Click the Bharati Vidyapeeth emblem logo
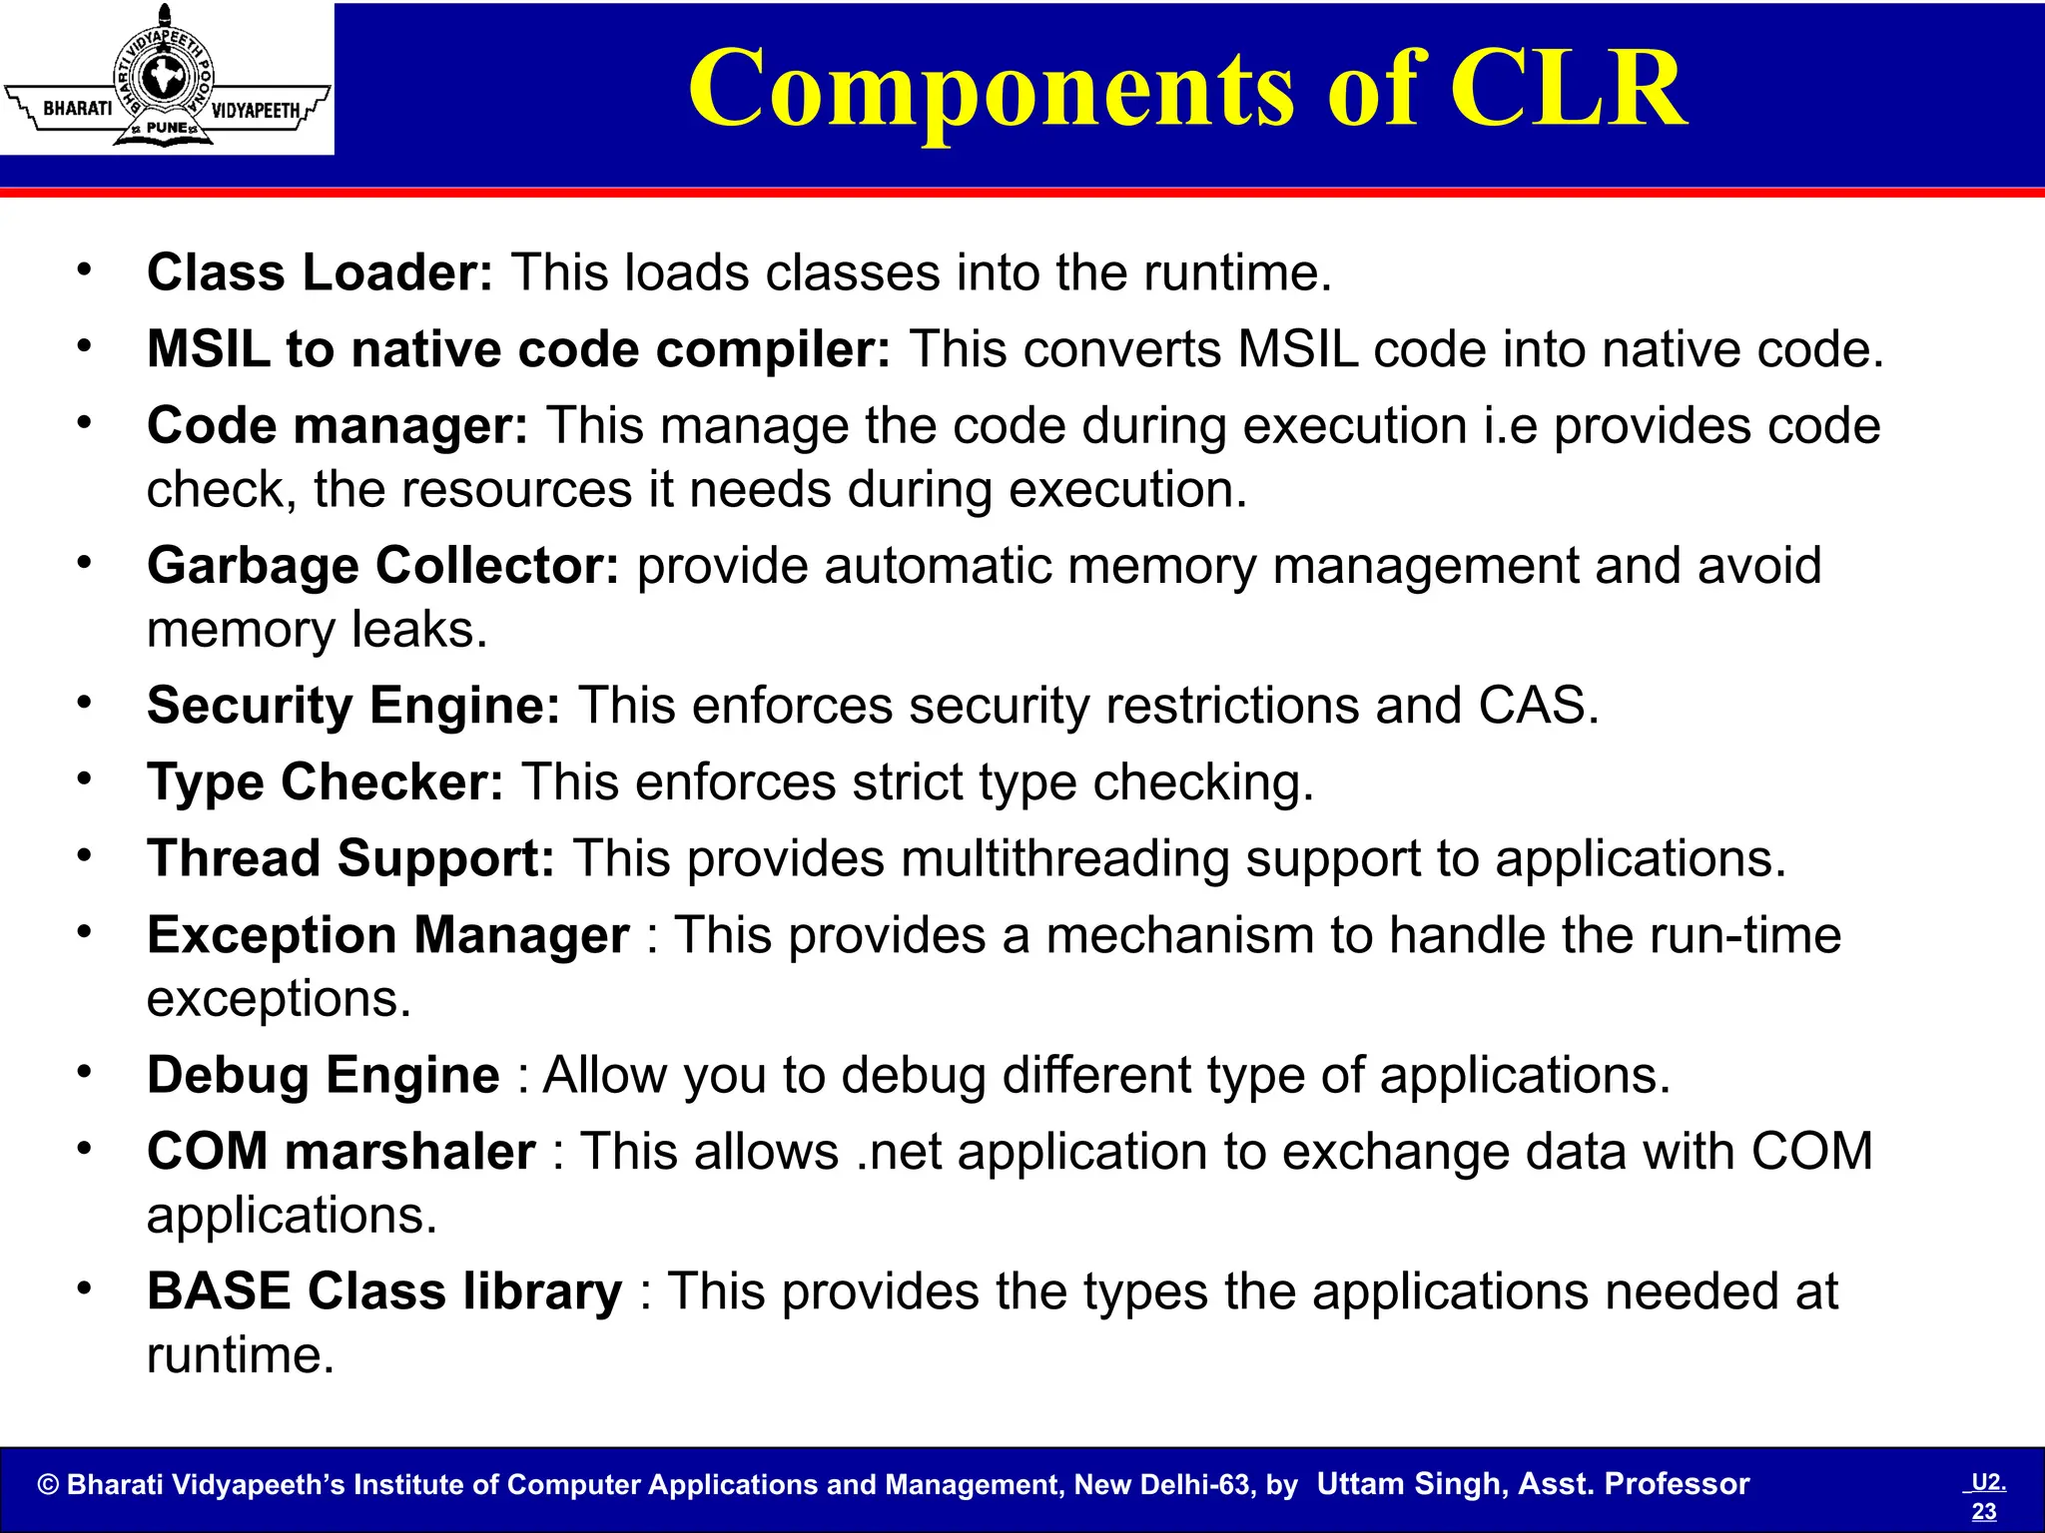[166, 79]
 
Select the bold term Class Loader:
[320, 272]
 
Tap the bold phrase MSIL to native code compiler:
[517, 349]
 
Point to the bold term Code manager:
[337, 426]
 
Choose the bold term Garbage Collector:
[382, 566]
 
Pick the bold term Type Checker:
[326, 781]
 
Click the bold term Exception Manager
[387, 935]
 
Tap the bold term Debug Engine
[323, 1075]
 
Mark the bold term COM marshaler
[341, 1152]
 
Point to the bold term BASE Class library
[383, 1291]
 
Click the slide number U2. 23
[1985, 1496]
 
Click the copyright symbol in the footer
[48, 1485]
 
